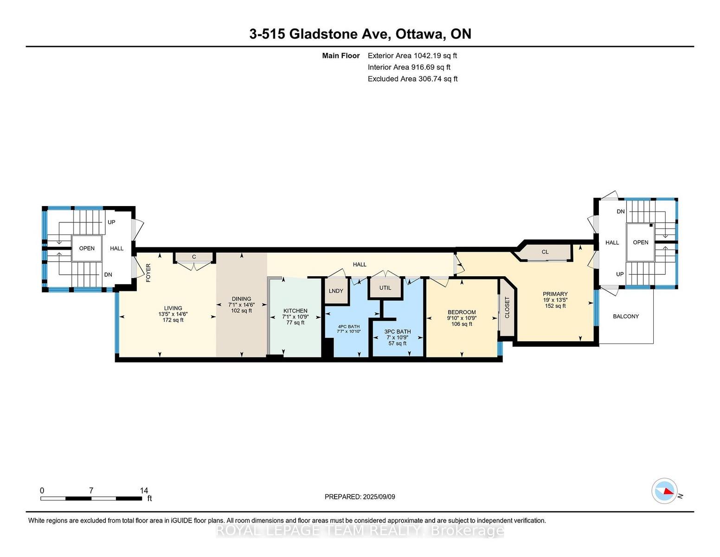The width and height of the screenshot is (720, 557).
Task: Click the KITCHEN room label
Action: pos(295,311)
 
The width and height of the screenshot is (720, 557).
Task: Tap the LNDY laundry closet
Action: pos(336,291)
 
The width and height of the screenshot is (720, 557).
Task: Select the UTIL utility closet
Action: pos(385,288)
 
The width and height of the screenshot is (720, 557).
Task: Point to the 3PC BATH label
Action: pos(397,331)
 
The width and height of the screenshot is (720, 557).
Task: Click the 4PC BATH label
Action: pos(348,326)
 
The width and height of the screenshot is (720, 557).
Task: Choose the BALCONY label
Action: pos(625,316)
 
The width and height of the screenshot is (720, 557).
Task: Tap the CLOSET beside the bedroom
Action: pos(507,307)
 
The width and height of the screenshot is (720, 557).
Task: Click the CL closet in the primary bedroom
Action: pos(545,252)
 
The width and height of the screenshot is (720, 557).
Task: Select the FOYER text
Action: pos(148,272)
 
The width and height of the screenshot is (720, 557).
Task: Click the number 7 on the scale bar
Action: pos(91,490)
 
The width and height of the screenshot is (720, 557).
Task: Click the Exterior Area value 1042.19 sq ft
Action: pos(435,56)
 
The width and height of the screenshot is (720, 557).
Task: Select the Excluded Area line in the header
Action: pos(412,79)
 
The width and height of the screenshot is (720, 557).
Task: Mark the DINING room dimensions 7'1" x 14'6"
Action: pos(241,304)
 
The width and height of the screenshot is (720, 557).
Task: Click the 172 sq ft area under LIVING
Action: pos(173,320)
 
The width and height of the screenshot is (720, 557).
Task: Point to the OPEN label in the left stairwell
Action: pos(87,248)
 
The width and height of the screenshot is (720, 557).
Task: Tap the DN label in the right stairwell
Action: pos(621,211)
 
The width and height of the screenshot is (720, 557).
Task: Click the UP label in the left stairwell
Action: pos(111,222)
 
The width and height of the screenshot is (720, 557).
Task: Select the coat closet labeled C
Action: pos(194,257)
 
